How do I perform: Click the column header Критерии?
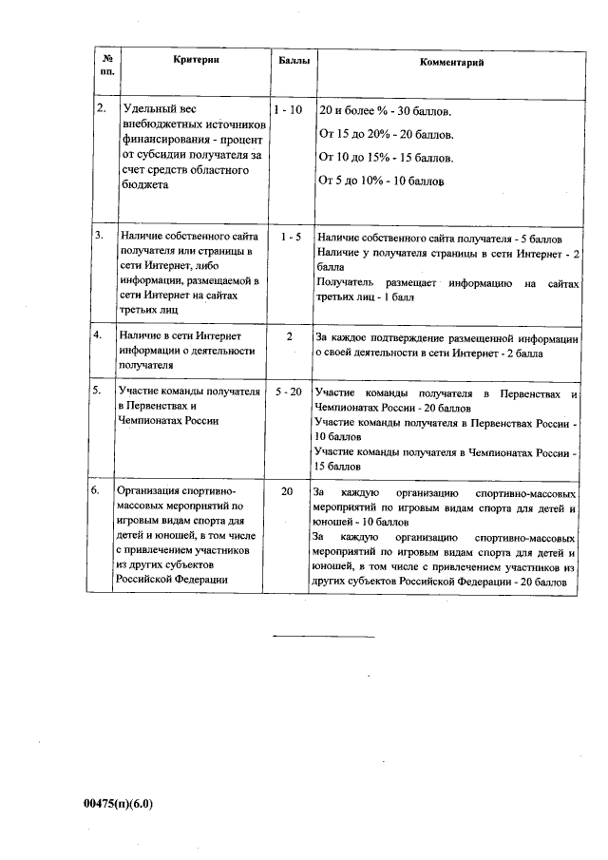coord(197,60)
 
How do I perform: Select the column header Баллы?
coord(292,60)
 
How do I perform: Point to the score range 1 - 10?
coord(287,110)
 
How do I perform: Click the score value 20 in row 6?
coord(287,492)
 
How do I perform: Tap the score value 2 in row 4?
coord(289,335)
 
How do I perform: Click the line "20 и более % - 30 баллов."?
coord(385,111)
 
